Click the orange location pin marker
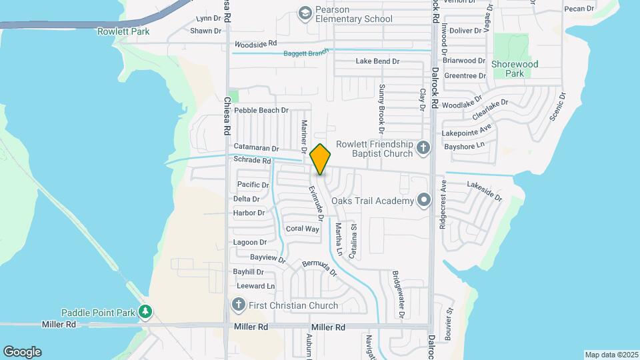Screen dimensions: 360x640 coord(320,159)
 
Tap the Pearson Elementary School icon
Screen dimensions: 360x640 coord(305,13)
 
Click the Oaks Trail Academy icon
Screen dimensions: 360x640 coord(423,200)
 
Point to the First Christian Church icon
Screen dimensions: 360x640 coord(238,305)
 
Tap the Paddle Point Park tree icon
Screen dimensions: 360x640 coord(145,311)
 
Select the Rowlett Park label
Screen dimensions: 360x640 coord(123,31)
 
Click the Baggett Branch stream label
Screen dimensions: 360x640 coord(306,53)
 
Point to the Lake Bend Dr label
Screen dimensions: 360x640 coord(377,61)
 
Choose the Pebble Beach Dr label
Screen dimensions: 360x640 coord(261,110)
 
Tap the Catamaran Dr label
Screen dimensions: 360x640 coord(256,147)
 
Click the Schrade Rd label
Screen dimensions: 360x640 coord(253,161)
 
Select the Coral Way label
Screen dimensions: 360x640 coord(302,229)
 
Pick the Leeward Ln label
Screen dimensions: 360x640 coord(255,286)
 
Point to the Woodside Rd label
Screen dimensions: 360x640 coord(254,44)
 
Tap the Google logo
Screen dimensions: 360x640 coord(22,351)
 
